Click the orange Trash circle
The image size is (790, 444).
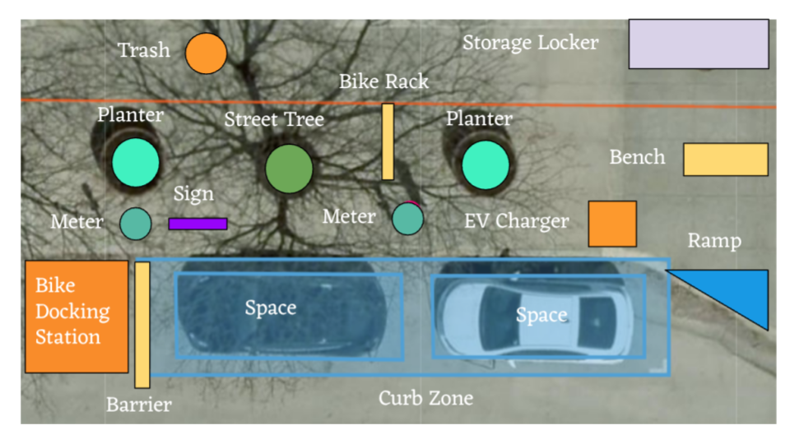(206, 53)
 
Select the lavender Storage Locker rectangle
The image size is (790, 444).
(699, 44)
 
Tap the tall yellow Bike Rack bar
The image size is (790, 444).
(388, 141)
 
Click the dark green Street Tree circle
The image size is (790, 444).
(289, 169)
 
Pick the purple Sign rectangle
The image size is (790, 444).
(197, 224)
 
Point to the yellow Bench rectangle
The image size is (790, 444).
(725, 160)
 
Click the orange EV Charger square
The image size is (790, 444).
(612, 224)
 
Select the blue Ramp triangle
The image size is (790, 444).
(737, 292)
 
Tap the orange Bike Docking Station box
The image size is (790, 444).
(77, 317)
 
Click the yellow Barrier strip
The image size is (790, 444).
(142, 325)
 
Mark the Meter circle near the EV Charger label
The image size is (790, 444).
(407, 219)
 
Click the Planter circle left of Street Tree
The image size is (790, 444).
(136, 163)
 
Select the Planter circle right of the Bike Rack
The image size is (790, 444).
(485, 165)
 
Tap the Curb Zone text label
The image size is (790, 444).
(425, 399)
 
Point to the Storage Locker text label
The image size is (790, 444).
(530, 43)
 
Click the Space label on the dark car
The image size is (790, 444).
(270, 308)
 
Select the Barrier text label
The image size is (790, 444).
(139, 405)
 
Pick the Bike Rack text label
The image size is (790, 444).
(383, 82)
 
